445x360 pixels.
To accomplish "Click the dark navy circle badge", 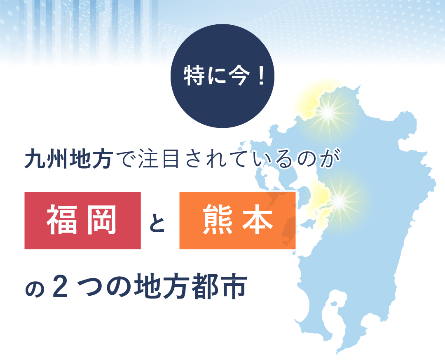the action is click(x=222, y=76).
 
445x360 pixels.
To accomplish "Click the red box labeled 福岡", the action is click(x=82, y=221).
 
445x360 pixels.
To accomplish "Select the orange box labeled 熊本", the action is click(x=238, y=221).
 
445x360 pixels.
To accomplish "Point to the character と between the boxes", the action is click(x=157, y=221).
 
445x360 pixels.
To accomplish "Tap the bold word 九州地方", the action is click(x=69, y=160).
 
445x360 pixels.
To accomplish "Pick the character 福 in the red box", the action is click(x=62, y=220).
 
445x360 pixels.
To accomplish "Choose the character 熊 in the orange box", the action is click(x=217, y=220).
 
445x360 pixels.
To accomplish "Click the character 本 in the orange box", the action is click(x=258, y=220).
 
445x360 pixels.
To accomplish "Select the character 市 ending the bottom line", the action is click(x=233, y=286).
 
